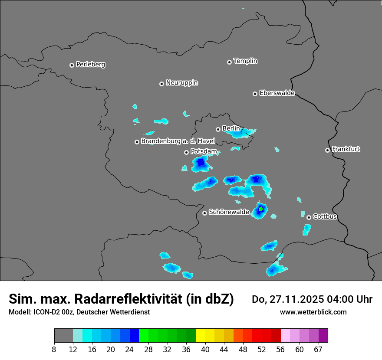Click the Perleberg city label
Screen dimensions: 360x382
[x=90, y=65]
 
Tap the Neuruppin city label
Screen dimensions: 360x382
[x=181, y=83]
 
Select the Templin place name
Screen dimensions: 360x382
[x=245, y=61]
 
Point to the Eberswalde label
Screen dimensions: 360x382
[x=277, y=93]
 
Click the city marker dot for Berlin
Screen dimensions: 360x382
[x=218, y=129]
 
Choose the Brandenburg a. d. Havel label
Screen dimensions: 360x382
[x=178, y=141]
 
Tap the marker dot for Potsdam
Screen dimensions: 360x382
[x=186, y=152]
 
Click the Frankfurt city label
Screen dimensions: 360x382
[x=346, y=149]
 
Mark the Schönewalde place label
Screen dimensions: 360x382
[x=229, y=212]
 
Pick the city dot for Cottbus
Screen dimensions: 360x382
[x=309, y=217]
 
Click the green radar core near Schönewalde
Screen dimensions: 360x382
[x=261, y=209]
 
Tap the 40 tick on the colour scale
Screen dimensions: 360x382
[x=205, y=349]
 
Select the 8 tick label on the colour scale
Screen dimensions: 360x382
[x=54, y=349]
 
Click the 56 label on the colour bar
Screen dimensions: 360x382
[x=281, y=349]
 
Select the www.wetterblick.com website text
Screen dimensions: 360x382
[x=313, y=312]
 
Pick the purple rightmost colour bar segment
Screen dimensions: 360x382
[x=323, y=336]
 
